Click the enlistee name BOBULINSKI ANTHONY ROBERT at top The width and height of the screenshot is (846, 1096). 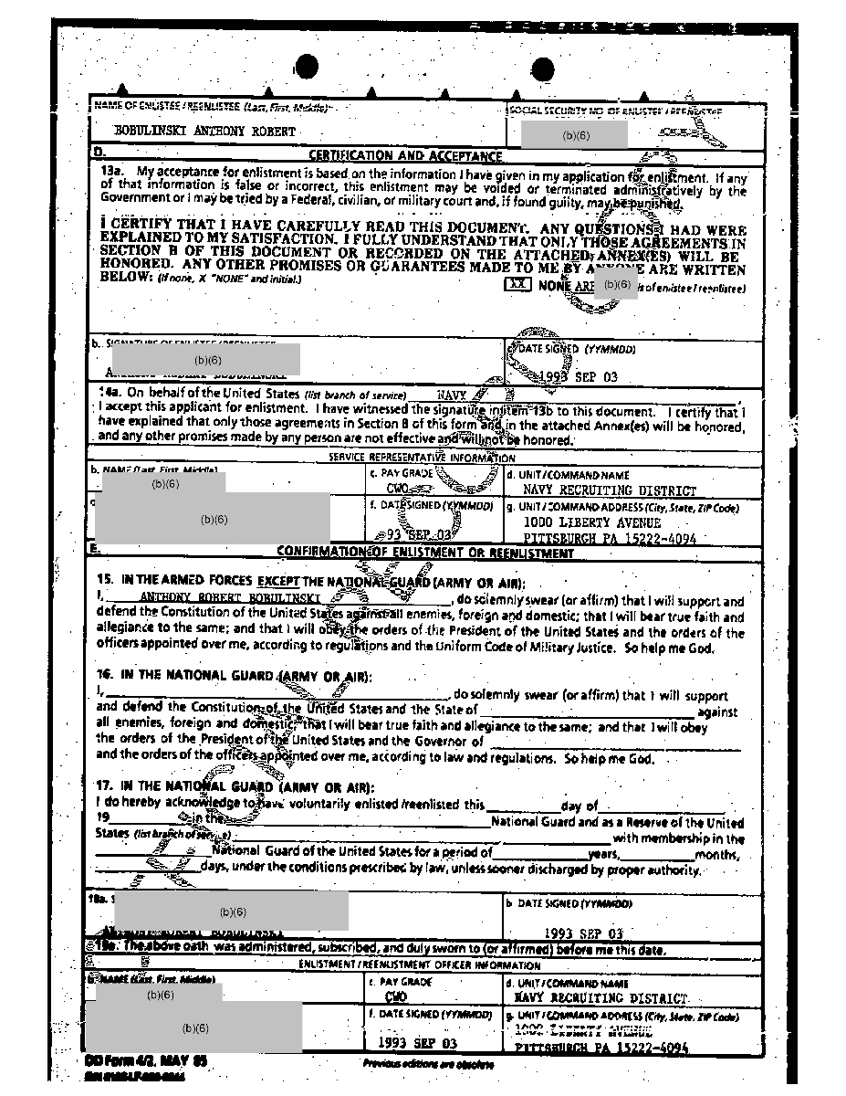[204, 132]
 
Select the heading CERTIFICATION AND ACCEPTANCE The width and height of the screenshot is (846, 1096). [405, 156]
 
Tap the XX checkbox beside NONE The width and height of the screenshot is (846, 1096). [517, 285]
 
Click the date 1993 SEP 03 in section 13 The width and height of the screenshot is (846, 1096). [578, 377]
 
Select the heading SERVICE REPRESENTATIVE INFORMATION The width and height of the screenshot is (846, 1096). [422, 458]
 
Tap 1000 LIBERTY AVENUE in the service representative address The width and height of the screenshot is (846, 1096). [591, 522]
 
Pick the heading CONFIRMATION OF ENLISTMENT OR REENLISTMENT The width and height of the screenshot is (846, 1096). [424, 553]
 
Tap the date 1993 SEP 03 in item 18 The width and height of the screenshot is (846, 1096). [583, 933]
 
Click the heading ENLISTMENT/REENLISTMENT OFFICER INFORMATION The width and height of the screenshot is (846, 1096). [419, 964]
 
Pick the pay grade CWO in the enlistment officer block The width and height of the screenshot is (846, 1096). [396, 998]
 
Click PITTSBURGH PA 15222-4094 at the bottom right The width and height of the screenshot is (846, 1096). [601, 1049]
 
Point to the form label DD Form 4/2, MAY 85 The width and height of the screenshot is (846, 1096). [145, 1061]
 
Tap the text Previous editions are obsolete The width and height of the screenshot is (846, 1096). [428, 1064]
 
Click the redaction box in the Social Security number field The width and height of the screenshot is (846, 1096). [575, 135]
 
